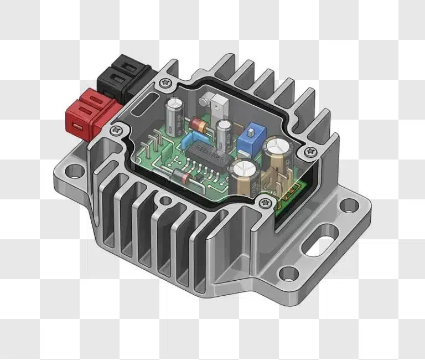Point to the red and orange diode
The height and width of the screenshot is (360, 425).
(x=201, y=125)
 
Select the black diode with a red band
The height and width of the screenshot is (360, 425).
(x=180, y=177)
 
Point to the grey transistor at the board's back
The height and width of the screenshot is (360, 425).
(x=217, y=106)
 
